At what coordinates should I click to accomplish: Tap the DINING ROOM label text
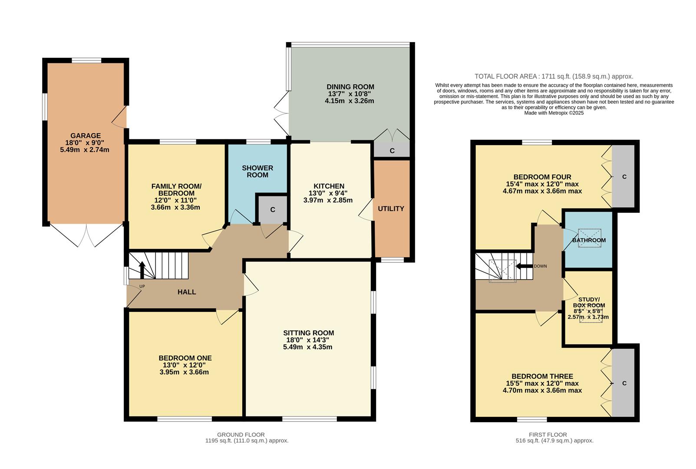point(350,87)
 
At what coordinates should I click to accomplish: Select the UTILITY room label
point(391,209)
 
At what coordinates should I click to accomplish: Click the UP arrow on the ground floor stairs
point(142,270)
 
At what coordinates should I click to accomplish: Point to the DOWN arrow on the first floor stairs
point(524,266)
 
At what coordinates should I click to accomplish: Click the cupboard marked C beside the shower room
point(273,210)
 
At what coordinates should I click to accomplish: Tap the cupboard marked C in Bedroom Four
point(624,177)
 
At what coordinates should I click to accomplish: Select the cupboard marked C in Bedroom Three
point(624,383)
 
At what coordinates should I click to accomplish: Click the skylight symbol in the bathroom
point(589,238)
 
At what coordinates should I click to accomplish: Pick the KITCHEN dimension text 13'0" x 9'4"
point(328,193)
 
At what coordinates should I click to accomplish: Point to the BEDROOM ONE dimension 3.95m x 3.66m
point(184,372)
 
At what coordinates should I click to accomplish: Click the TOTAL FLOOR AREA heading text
point(554,76)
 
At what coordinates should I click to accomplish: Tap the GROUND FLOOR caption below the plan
point(241,435)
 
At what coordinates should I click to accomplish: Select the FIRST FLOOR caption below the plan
point(548,435)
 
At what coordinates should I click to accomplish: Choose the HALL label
point(187,292)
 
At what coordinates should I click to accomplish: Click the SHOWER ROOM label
point(257,172)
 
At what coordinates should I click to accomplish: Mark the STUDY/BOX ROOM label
point(589,303)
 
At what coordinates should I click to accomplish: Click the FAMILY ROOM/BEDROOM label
point(176,190)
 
